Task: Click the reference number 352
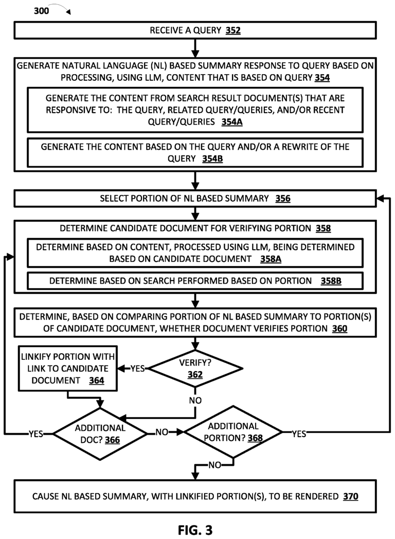coord(232,31)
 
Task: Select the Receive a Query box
coord(195,31)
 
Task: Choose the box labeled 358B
coord(195,282)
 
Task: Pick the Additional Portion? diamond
coord(234,432)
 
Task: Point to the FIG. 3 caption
coord(195,529)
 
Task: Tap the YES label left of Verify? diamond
coord(138,369)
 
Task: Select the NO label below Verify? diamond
coord(195,399)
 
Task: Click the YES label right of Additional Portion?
coord(298,433)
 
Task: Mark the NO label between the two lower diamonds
coord(162,433)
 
